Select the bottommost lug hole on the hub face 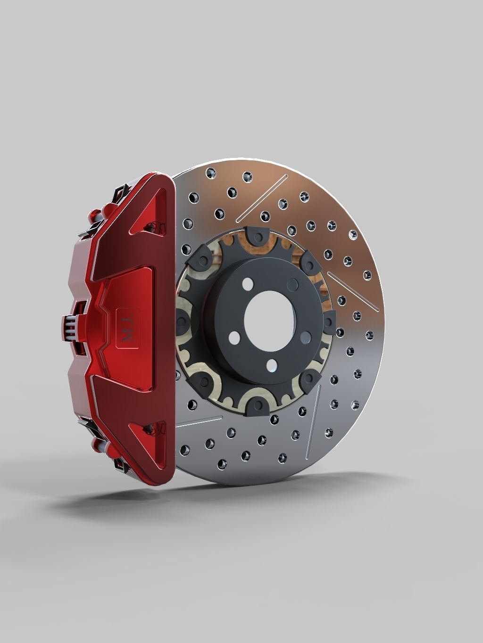(x=271, y=365)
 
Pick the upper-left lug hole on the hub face (x=247, y=284)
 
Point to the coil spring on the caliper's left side (x=70, y=327)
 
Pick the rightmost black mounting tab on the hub (x=329, y=321)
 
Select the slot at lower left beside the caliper (x=198, y=421)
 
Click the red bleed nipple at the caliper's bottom (x=98, y=443)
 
